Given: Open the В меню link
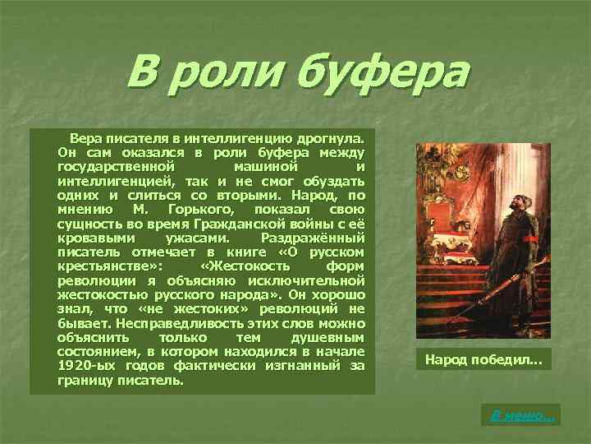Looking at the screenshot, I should [523, 416].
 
